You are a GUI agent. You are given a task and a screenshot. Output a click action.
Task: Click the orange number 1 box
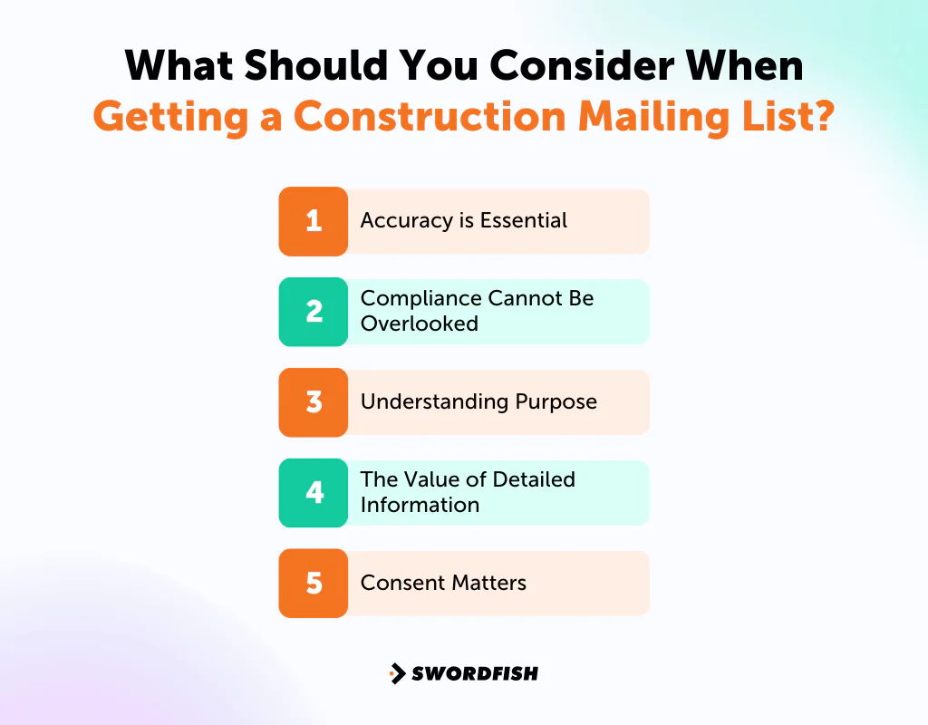[x=314, y=221]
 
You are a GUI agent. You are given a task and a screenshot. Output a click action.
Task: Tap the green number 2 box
[x=314, y=312]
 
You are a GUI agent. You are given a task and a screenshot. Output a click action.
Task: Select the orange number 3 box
[x=314, y=402]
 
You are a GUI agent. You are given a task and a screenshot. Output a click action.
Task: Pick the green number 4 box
[x=314, y=493]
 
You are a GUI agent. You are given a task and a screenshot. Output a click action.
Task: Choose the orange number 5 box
[x=314, y=584]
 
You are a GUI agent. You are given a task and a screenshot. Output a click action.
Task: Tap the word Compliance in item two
[x=420, y=299]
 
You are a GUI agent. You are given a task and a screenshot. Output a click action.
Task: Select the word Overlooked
[x=419, y=324]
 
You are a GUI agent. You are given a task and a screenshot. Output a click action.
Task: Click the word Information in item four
[x=419, y=505]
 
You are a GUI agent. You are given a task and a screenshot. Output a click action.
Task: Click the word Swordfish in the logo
[x=474, y=673]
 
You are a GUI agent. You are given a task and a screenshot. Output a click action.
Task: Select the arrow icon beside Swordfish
[x=397, y=673]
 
